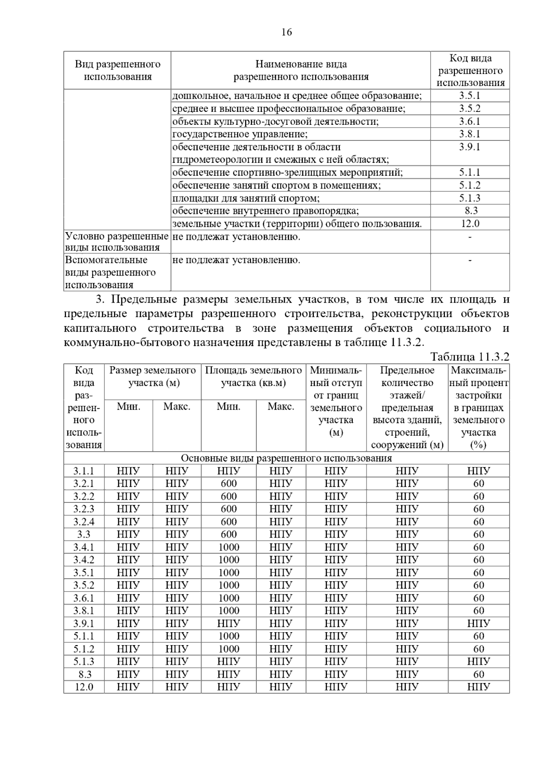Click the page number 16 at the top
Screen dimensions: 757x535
(x=287, y=32)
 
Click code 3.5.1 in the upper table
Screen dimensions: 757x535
(x=469, y=95)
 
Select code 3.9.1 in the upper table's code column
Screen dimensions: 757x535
(x=469, y=147)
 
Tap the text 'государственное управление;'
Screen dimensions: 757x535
(x=240, y=134)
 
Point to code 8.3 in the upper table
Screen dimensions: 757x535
(x=470, y=211)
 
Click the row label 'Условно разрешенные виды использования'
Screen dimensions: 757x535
(x=117, y=242)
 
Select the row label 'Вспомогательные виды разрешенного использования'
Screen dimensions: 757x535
(x=110, y=272)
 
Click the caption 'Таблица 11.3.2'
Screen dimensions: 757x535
(x=470, y=357)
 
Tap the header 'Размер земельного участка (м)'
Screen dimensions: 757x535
(x=153, y=377)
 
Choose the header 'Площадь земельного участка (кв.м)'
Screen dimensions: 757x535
(x=253, y=377)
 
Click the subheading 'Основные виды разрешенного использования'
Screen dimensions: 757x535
(x=286, y=458)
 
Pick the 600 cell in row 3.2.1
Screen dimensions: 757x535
(x=229, y=484)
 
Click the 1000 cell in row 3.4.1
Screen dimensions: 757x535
(x=229, y=547)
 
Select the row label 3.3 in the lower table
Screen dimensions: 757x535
(x=84, y=535)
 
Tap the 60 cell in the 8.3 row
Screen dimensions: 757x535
(x=479, y=675)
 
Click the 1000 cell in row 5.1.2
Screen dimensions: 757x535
(x=229, y=649)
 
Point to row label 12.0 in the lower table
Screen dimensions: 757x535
(x=84, y=687)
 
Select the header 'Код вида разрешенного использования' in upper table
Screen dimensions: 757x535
(x=470, y=70)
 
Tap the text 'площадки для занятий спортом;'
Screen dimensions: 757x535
(x=246, y=198)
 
